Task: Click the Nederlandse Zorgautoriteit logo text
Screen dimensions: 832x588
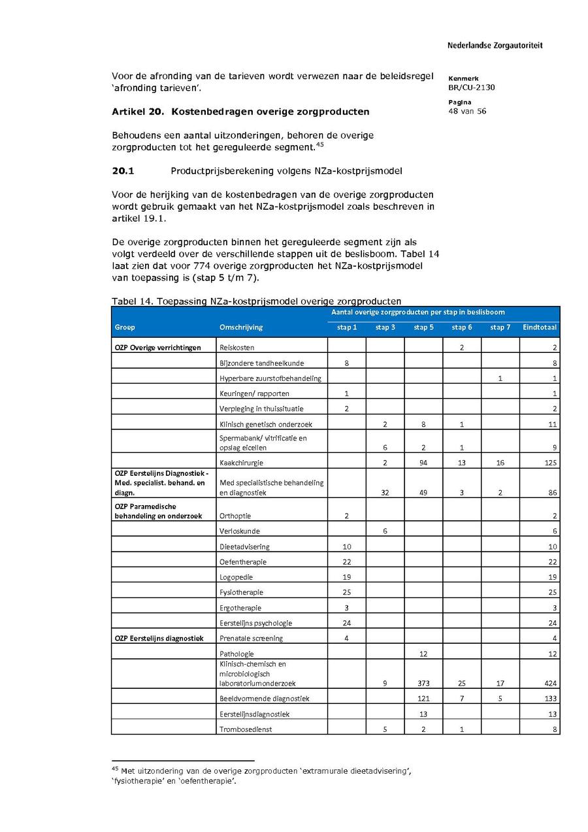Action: pos(495,46)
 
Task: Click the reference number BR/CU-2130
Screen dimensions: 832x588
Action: pos(472,87)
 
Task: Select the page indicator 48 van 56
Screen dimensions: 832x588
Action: pos(467,111)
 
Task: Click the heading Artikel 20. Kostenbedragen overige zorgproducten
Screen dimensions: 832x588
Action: pos(240,112)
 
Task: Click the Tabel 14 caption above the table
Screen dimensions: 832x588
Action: pos(256,301)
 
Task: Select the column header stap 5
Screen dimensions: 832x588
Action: pos(423,327)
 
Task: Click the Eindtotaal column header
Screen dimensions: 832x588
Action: pos(540,327)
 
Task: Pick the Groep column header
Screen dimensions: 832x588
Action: pos(125,327)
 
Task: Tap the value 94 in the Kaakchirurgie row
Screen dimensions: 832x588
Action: pos(423,463)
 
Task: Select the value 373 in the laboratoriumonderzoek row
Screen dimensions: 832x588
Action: pos(423,684)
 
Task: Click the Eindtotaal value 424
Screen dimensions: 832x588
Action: pos(550,684)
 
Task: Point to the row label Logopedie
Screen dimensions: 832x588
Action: pos(237,577)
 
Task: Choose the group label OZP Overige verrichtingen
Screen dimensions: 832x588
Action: pos(157,348)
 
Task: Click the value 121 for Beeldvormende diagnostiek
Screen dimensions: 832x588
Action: pos(423,699)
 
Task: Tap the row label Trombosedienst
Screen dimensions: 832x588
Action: pos(246,729)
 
